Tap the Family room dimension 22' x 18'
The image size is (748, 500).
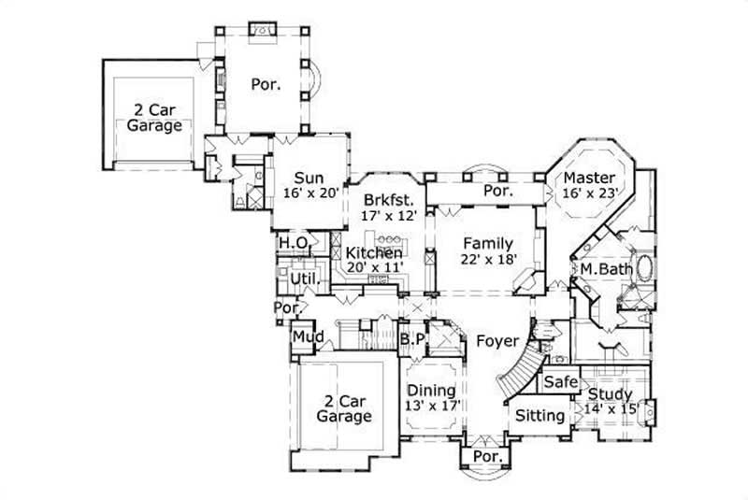(487, 260)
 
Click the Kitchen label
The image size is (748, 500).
(374, 253)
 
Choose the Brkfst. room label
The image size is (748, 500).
(387, 199)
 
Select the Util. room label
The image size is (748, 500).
(304, 279)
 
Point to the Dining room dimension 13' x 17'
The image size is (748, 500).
(431, 406)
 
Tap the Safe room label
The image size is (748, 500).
(561, 382)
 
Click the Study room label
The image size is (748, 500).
(610, 394)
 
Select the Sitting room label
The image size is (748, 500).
(540, 415)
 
